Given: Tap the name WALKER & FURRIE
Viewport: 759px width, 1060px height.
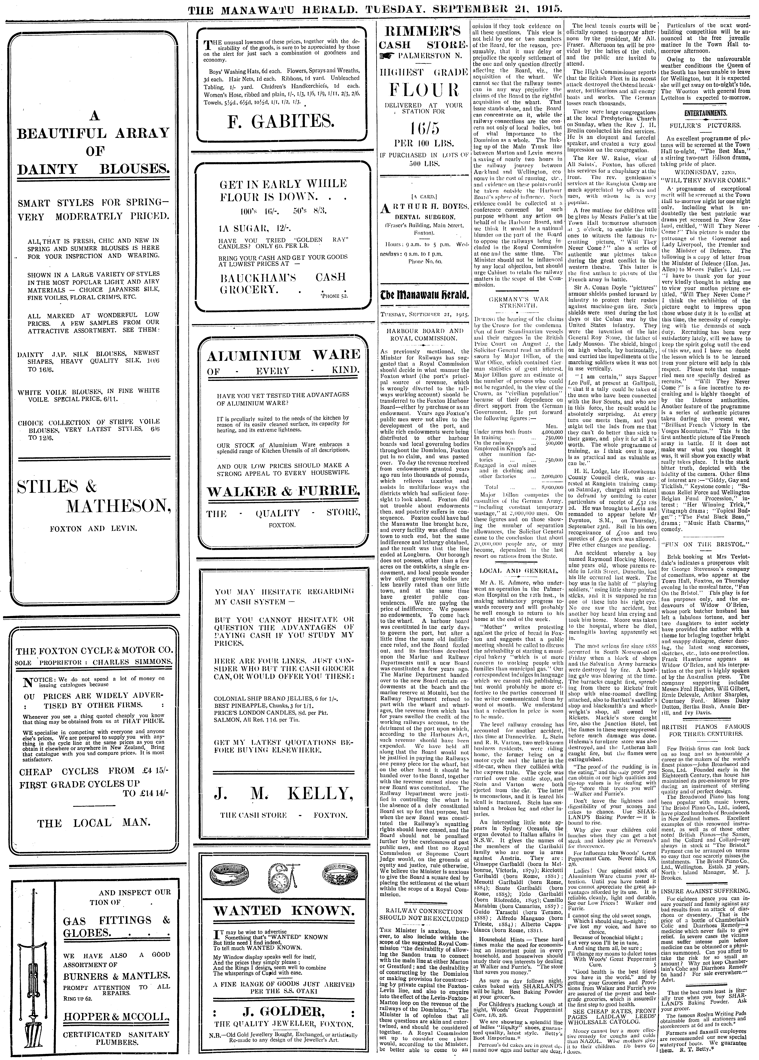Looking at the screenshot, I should coord(283,491).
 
